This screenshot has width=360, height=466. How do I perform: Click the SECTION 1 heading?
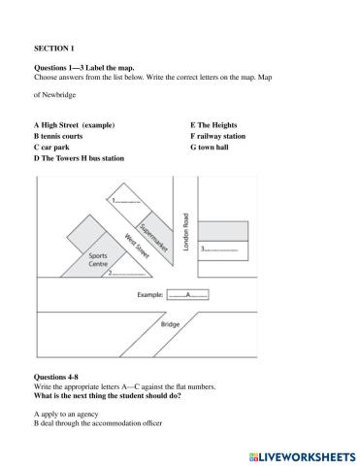53,46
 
